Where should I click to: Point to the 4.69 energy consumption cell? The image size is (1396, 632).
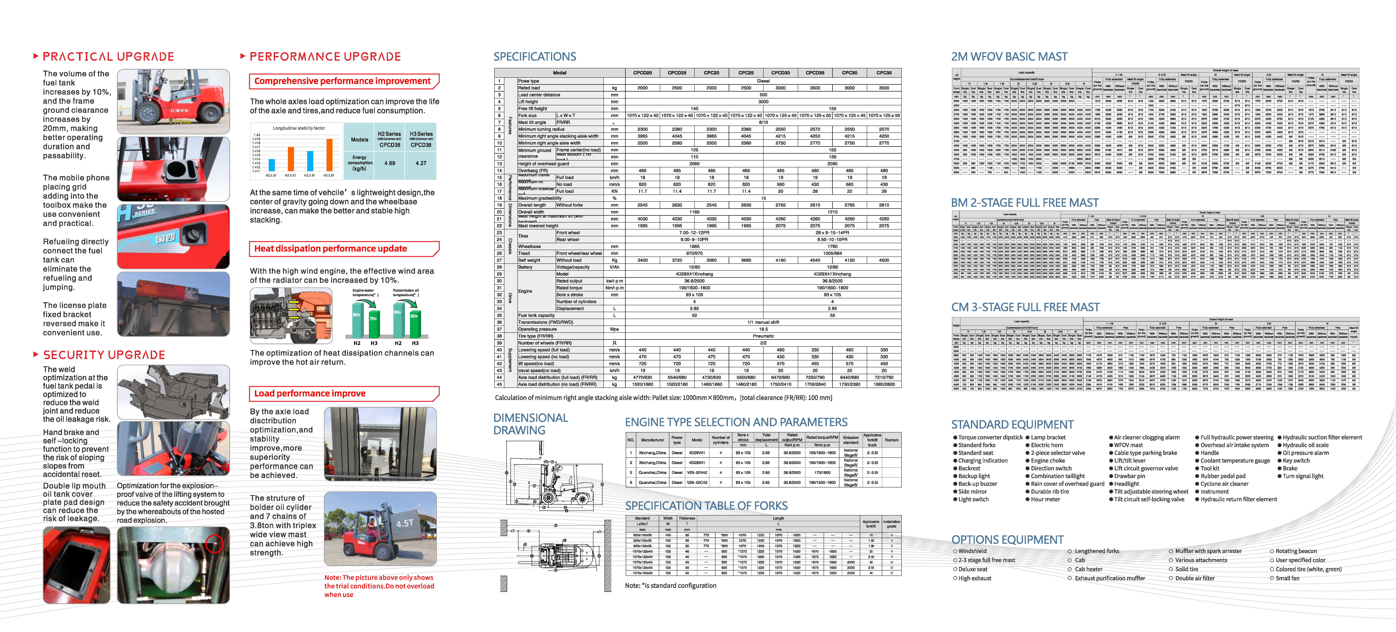[x=390, y=163]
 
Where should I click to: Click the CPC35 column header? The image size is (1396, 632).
[x=884, y=73]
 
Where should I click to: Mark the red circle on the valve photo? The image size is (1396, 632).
[x=215, y=543]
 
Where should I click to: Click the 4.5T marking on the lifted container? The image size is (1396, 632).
[x=404, y=524]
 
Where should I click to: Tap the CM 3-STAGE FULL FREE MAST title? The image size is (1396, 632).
[x=1025, y=307]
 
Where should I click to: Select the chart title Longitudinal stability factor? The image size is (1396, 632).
[x=299, y=128]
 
